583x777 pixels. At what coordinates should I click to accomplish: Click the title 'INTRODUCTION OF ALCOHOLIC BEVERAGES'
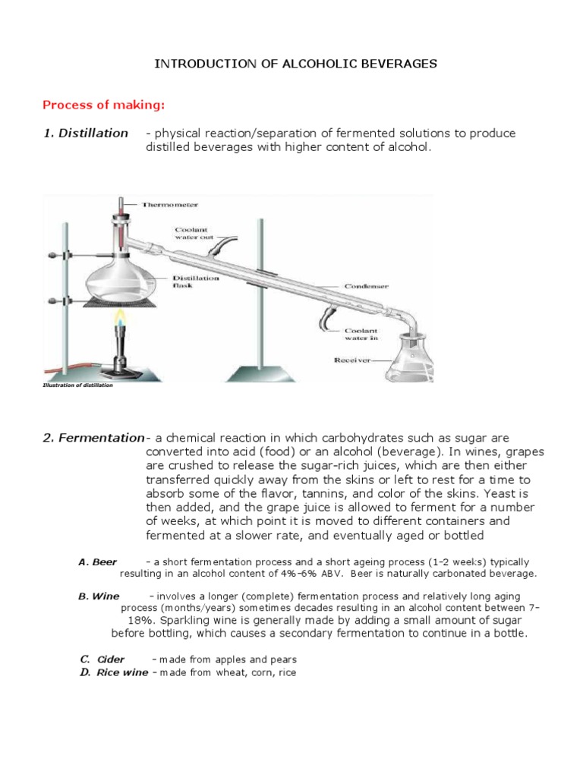pyautogui.click(x=296, y=64)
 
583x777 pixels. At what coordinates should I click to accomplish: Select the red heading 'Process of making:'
pyautogui.click(x=102, y=104)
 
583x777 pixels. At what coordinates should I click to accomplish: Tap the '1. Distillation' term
pyautogui.click(x=85, y=134)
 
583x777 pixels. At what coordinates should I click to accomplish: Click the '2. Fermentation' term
pyautogui.click(x=93, y=438)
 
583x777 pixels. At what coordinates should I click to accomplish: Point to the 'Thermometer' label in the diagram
pyautogui.click(x=169, y=204)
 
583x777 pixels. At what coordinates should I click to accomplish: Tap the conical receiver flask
pyautogui.click(x=409, y=363)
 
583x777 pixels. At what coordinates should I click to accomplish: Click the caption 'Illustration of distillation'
pyautogui.click(x=77, y=385)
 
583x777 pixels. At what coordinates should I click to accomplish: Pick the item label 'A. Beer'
pyautogui.click(x=98, y=562)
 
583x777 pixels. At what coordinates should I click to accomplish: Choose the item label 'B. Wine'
pyautogui.click(x=99, y=596)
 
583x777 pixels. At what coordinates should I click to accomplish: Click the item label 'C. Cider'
pyautogui.click(x=102, y=659)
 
